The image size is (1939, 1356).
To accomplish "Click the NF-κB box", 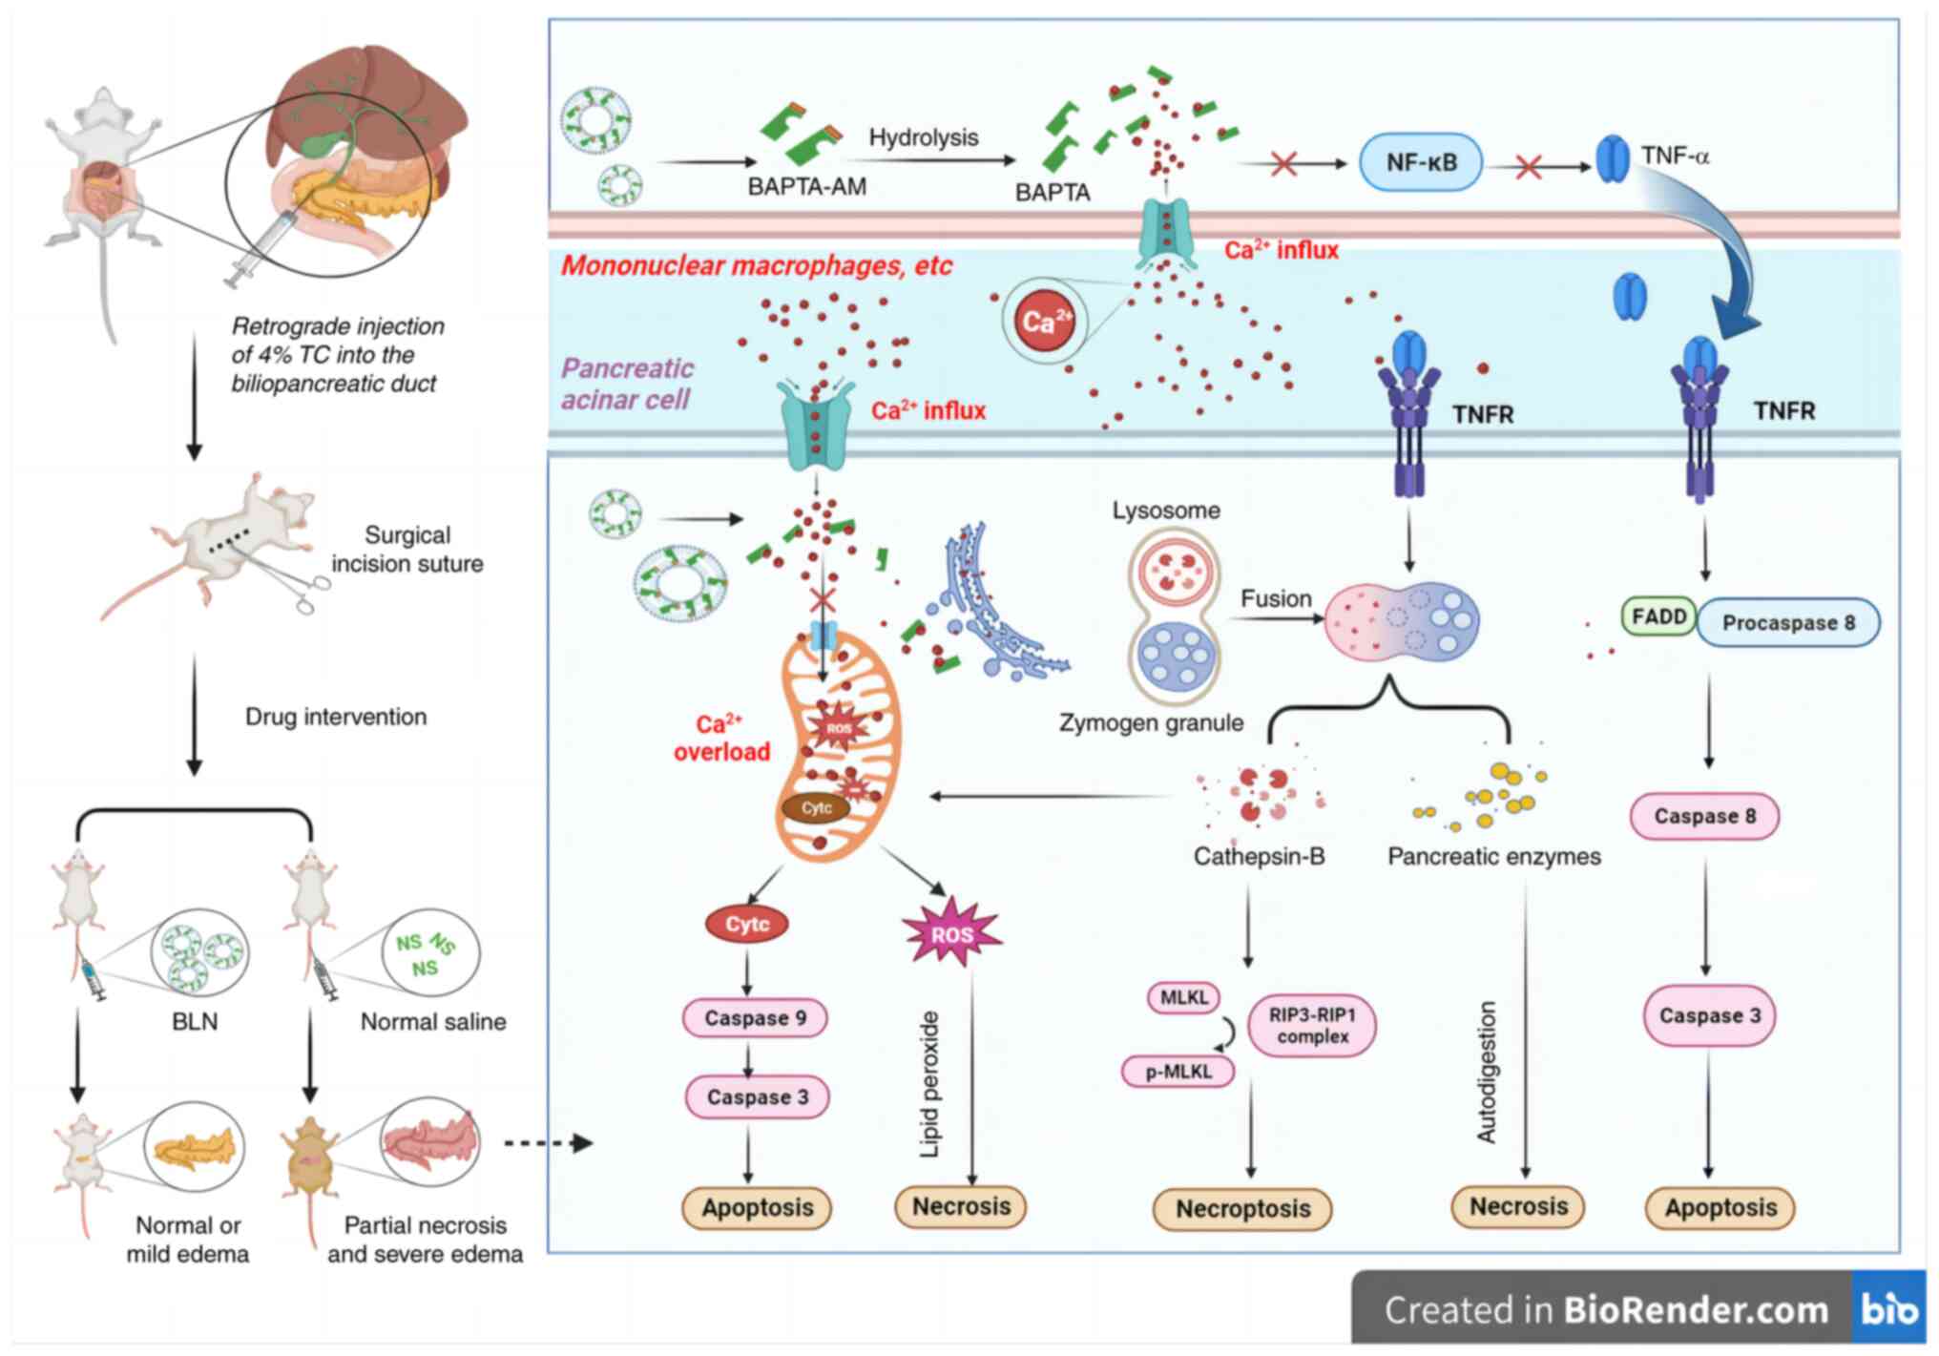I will pos(1421,162).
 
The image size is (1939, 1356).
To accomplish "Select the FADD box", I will pos(1658,616).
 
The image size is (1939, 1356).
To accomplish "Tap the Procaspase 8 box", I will pos(1788,623).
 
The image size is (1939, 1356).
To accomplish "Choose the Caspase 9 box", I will pos(755,1018).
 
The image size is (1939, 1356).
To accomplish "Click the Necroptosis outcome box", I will pos(1242,1209).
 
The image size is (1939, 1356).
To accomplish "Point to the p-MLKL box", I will pos(1178,1072).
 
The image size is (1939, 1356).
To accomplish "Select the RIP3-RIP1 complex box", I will pos(1312,1026).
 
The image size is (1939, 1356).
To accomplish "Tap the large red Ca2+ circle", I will pos(1044,321).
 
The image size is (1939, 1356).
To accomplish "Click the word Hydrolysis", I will pos(923,137).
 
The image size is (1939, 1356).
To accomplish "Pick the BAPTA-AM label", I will pos(806,186).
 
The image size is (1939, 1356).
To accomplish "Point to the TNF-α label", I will pos(1675,156).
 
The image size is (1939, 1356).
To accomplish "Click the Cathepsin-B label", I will pos(1259,856).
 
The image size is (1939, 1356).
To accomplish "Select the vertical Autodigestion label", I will pos(1487,1072).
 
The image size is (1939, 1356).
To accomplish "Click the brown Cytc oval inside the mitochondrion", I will pos(816,808).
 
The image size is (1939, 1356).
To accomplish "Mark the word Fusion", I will pos(1276,598).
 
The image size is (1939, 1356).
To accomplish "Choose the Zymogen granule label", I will pos(1151,722).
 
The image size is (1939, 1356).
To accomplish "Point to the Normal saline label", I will pos(433,1021).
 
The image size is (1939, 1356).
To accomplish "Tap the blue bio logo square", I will pos(1888,1309).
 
